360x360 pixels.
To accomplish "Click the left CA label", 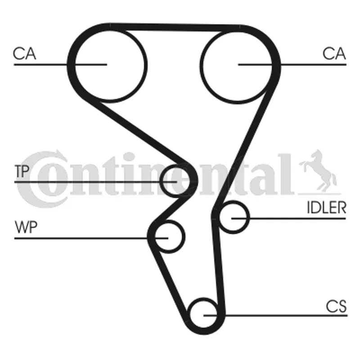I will point(24,54).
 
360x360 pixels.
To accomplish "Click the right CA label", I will point(334,54).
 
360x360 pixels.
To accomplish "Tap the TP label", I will point(21,171).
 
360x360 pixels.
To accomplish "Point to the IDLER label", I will point(327,207).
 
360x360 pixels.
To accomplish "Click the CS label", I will point(337,307).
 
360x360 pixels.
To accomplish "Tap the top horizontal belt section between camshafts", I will point(175,27).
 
